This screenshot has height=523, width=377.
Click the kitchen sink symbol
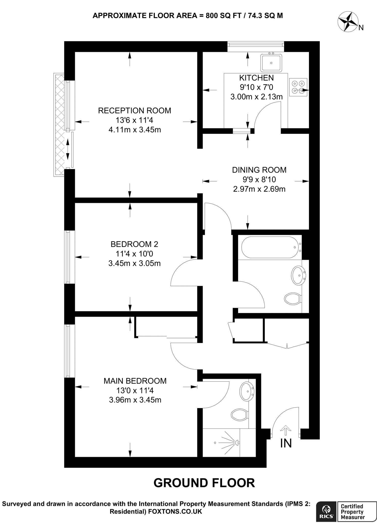271,63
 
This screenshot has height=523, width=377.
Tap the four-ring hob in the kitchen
298,87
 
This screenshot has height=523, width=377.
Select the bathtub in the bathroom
270,247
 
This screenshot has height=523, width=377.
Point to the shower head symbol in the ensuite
237,443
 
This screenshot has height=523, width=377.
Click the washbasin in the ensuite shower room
247,391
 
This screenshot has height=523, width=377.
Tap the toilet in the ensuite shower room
239,414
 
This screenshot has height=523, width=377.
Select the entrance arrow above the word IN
285,430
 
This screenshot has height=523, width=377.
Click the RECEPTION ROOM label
135,111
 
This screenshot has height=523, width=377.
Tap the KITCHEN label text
256,78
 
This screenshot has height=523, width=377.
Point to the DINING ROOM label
259,170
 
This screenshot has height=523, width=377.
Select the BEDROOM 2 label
134,244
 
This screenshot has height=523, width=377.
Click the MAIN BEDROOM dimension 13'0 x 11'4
135,390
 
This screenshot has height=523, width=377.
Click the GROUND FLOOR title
204,483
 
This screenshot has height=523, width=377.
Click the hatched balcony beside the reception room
59,124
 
